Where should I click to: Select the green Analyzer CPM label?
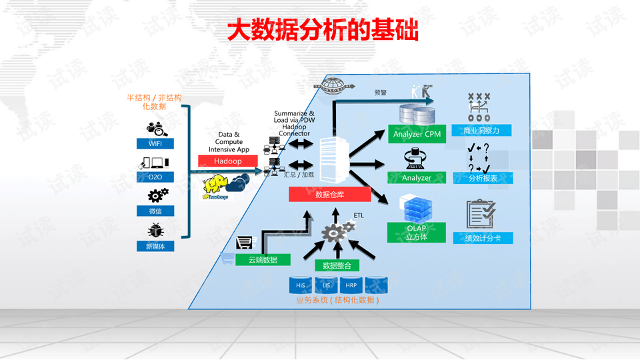(417, 134)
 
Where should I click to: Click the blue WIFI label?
(155, 143)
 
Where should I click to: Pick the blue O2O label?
(155, 177)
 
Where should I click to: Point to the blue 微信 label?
(155, 211)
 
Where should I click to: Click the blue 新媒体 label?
(155, 246)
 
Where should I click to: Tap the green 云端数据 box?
(263, 259)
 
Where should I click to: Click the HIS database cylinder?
(301, 285)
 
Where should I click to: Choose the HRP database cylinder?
(351, 285)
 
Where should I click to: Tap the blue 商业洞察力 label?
(483, 131)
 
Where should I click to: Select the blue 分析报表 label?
(483, 178)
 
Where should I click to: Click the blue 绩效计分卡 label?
(483, 238)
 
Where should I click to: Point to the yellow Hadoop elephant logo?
(218, 186)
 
